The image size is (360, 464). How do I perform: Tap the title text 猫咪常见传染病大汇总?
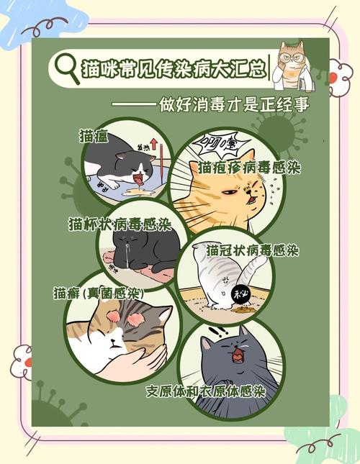173,69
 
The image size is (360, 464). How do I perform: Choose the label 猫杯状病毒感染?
116,224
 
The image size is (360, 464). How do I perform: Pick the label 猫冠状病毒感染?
252,251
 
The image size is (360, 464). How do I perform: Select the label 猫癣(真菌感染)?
98,294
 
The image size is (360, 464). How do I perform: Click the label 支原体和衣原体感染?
205,391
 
